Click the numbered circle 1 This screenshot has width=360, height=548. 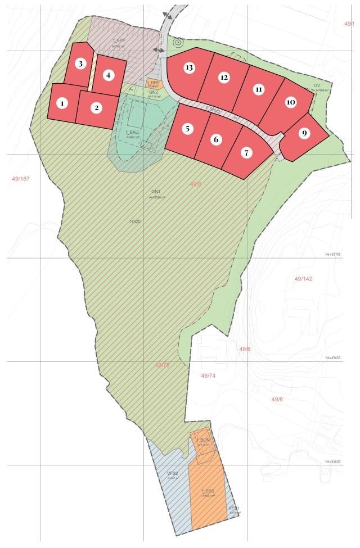(x=62, y=103)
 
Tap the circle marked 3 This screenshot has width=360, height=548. (x=81, y=64)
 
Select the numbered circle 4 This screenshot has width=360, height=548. (x=109, y=75)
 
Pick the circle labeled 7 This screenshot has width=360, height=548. (x=245, y=152)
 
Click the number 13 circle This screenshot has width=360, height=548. (x=189, y=67)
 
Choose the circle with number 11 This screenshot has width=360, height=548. (x=258, y=89)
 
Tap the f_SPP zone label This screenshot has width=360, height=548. (x=119, y=40)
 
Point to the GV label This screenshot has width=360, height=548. (x=317, y=86)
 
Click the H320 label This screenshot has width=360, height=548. (x=135, y=221)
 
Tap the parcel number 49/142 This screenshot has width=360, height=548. (x=303, y=279)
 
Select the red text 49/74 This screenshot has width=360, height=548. (x=208, y=375)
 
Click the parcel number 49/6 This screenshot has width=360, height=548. (x=277, y=399)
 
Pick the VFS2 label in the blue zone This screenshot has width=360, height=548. (x=173, y=474)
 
